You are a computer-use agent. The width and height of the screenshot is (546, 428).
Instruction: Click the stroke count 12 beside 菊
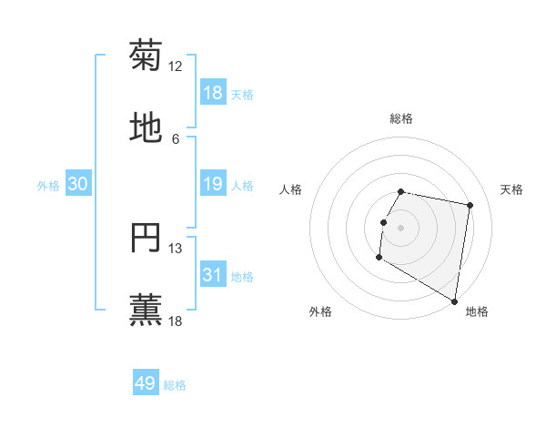176,66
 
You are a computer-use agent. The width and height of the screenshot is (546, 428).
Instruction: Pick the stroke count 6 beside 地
176,139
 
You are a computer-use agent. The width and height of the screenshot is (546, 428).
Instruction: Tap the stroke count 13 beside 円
176,249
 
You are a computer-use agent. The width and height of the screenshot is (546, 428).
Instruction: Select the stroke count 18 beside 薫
176,321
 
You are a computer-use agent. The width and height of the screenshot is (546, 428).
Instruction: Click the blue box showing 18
213,92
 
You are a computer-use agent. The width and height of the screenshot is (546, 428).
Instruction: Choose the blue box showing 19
213,184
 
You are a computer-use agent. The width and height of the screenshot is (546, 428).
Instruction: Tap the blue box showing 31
213,275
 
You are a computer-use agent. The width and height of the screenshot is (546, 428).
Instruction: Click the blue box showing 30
78,184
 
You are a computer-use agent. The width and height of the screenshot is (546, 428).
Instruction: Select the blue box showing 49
146,383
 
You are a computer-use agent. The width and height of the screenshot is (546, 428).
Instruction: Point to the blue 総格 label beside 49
175,385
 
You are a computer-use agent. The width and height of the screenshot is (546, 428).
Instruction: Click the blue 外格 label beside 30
48,186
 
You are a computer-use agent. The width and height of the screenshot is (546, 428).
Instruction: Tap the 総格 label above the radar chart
401,118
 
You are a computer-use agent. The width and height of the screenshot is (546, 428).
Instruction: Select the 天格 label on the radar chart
511,189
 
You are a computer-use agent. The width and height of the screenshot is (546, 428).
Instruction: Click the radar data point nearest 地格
455,301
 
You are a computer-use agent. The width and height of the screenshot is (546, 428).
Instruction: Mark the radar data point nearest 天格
470,206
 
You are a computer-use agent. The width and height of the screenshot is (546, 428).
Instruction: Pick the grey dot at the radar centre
401,227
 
